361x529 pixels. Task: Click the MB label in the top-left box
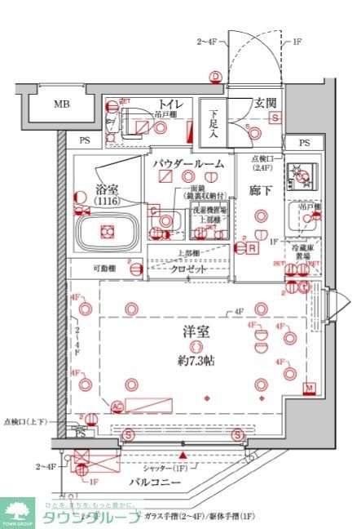pyautogui.click(x=62, y=104)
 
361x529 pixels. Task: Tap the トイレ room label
pyautogui.click(x=169, y=104)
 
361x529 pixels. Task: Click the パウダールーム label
pyautogui.click(x=187, y=163)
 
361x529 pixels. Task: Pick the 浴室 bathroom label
pyautogui.click(x=106, y=189)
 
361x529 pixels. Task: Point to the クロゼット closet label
pyautogui.click(x=187, y=269)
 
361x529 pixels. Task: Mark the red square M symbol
pyautogui.click(x=309, y=387)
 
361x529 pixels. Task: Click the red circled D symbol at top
pyautogui.click(x=215, y=78)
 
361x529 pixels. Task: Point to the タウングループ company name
pyautogui.click(x=91, y=518)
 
